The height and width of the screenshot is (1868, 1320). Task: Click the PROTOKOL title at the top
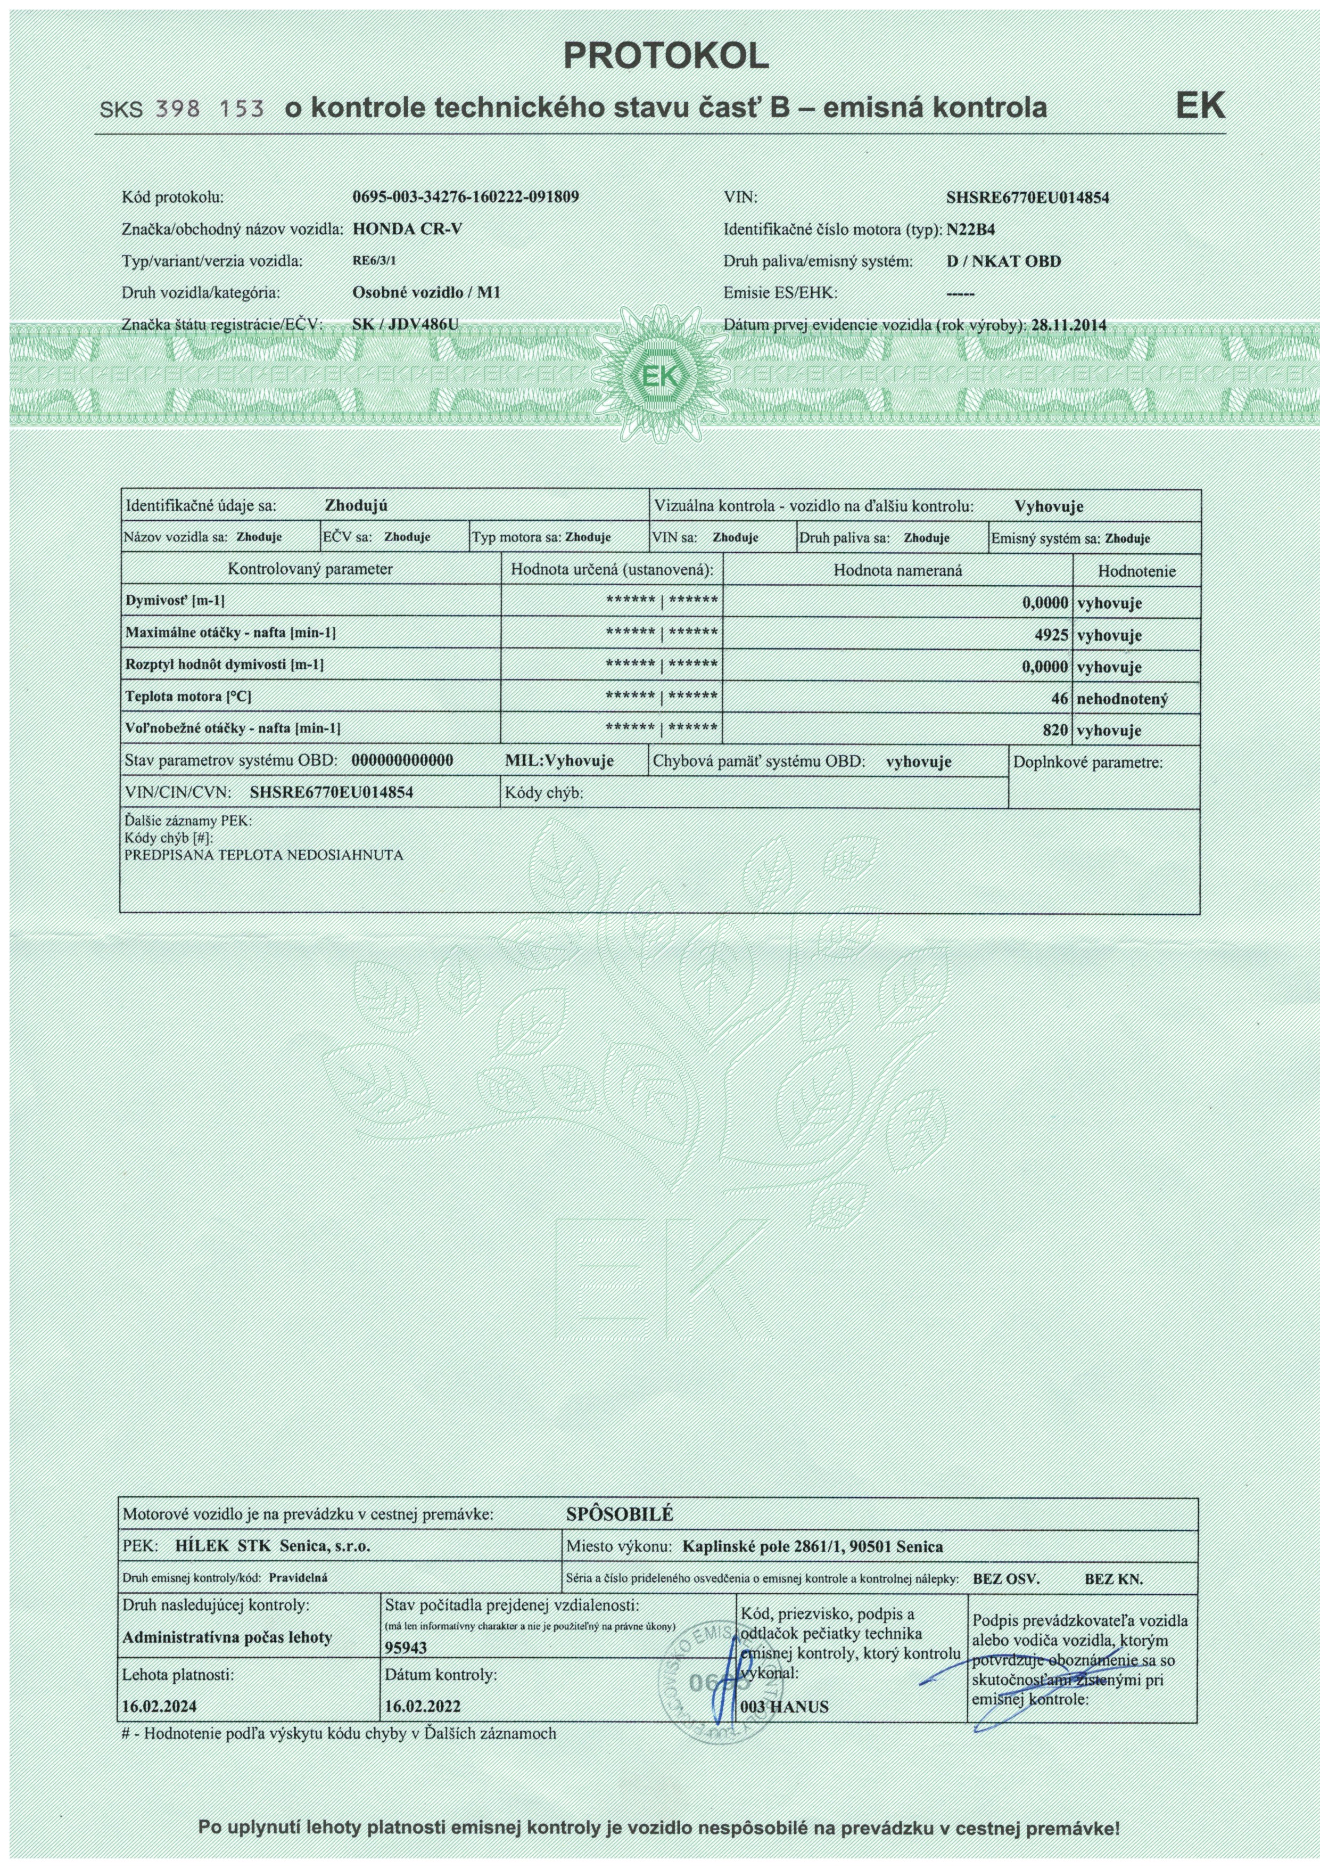coord(665,55)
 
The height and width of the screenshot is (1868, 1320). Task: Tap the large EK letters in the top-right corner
coord(1200,106)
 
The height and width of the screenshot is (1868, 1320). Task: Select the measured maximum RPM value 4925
coord(1051,635)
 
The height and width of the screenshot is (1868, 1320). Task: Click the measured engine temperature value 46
coord(1059,698)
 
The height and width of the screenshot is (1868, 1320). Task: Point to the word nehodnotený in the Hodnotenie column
coord(1123,698)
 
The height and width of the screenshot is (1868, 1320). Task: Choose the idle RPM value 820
coord(1055,730)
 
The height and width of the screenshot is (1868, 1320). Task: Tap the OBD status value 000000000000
coord(402,761)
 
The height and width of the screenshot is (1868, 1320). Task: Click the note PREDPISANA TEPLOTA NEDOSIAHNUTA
coord(263,856)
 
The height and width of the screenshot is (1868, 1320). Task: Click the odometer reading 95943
coord(404,1646)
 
